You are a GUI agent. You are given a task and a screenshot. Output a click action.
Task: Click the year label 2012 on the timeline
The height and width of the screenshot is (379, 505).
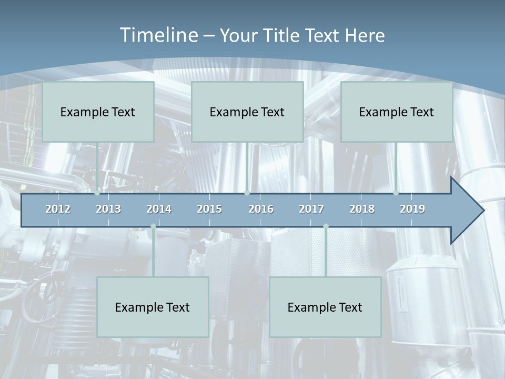pos(58,209)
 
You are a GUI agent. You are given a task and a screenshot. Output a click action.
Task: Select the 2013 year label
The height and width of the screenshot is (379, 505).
pos(108,209)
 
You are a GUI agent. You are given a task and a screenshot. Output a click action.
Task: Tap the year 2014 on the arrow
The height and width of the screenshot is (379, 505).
pos(159,209)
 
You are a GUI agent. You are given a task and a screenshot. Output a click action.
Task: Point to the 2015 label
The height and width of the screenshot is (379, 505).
pos(209,209)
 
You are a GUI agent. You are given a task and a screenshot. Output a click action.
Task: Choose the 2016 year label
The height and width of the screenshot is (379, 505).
pos(261,209)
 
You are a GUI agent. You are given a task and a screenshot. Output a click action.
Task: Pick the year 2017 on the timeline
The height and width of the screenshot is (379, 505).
pos(311,209)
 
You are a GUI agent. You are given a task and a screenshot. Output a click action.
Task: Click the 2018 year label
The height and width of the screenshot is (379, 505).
pos(362,209)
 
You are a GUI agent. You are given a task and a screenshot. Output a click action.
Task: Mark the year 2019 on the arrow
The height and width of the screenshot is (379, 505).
pos(412,209)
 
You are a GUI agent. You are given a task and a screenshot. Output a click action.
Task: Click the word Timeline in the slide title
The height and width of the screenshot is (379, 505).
pos(158,35)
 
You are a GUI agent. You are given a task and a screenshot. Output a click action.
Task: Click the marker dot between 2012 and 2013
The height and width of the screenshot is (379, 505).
pos(97,193)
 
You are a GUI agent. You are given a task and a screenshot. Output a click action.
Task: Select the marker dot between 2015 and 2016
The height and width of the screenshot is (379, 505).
pos(247,193)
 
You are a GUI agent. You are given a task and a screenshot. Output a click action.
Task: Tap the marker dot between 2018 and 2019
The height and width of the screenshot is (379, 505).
pos(396,193)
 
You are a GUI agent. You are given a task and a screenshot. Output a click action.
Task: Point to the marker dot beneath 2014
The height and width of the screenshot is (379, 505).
pos(153,226)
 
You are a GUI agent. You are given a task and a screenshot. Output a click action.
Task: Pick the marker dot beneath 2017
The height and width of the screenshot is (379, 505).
pos(326,226)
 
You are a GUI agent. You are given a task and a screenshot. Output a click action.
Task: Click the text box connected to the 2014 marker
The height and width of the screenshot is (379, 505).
pos(153,307)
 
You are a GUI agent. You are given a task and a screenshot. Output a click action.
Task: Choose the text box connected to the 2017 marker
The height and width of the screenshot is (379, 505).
pos(325,307)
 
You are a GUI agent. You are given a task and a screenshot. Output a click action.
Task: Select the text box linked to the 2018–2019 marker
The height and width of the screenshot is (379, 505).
pos(397,112)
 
